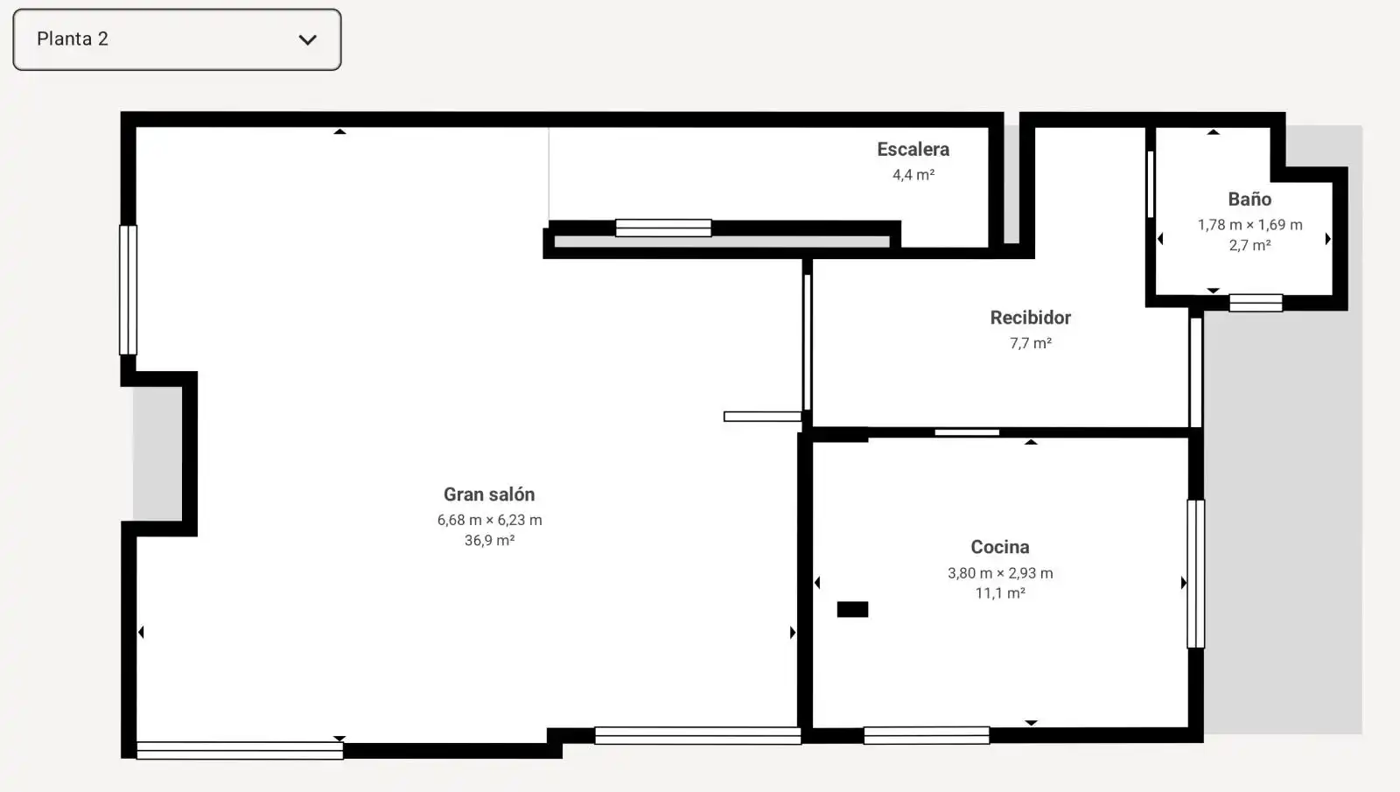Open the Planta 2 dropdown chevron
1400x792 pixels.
pos(307,40)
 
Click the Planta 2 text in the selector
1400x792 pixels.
pos(73,39)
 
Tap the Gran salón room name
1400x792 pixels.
pos(489,494)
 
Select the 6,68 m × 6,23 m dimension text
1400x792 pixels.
pos(489,520)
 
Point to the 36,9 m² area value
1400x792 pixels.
pos(489,540)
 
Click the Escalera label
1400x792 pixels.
pos(913,150)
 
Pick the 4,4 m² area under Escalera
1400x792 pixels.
pos(913,175)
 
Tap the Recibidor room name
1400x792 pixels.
pos(1031,318)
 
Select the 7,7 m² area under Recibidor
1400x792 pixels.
pos(1031,343)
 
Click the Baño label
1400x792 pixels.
pos(1249,200)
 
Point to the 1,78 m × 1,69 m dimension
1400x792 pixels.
pos(1250,225)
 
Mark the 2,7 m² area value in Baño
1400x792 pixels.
pos(1250,245)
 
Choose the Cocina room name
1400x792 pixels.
pos(1000,547)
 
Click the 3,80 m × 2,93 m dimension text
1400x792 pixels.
pos(1000,573)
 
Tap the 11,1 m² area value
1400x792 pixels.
pos(1000,593)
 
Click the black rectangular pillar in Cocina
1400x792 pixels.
pos(852,609)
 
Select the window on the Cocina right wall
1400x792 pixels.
pos(1195,574)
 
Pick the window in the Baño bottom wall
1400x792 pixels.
pos(1256,303)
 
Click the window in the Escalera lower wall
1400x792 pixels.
pos(663,228)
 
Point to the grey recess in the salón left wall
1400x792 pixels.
pos(157,454)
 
